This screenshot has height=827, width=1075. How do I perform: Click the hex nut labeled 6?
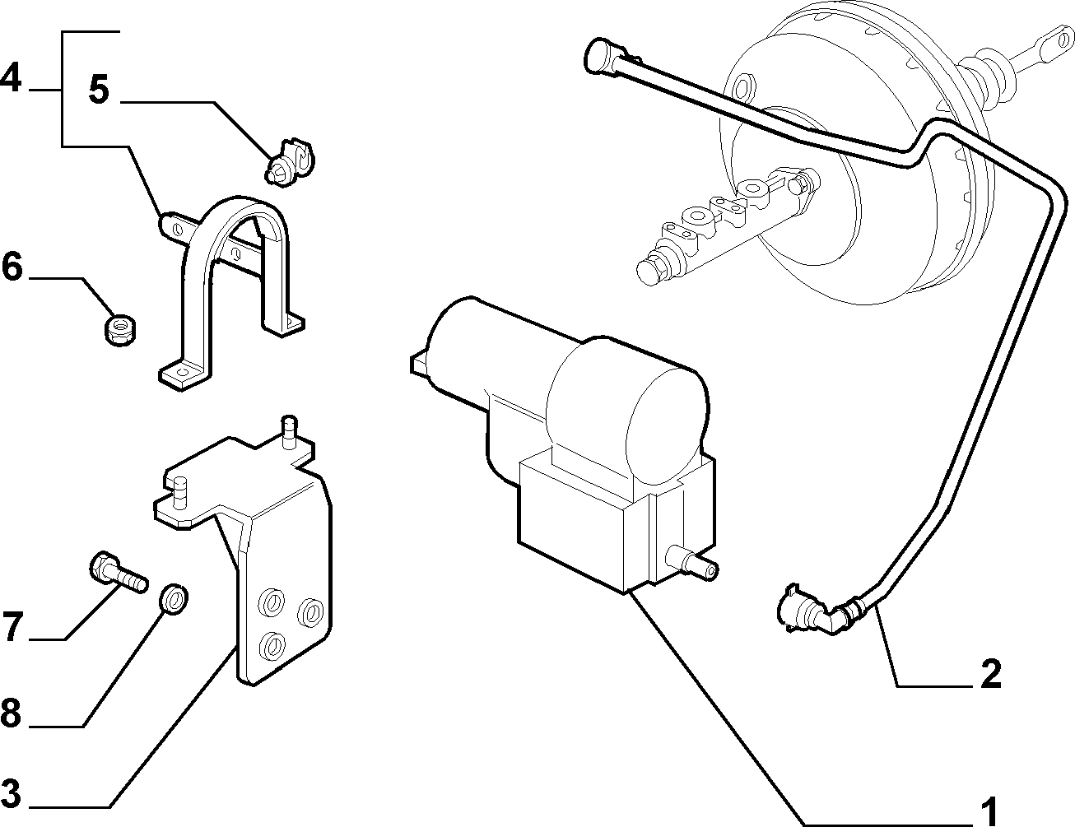[121, 329]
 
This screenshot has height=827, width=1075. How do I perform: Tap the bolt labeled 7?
[119, 573]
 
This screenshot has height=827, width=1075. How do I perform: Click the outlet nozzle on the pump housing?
[692, 564]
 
